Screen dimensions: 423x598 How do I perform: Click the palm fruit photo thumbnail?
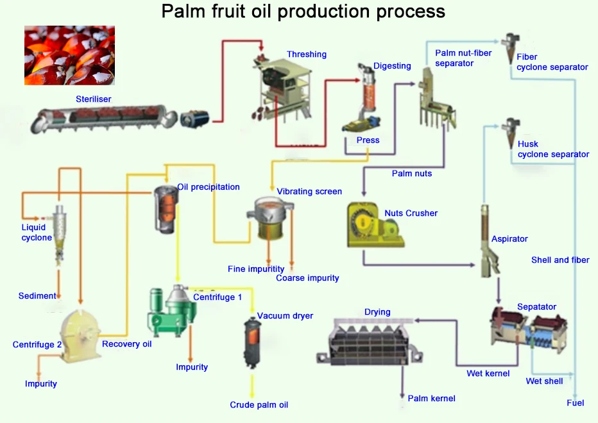click(69, 55)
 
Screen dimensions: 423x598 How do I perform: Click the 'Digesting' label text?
click(392, 66)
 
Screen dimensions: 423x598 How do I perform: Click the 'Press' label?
click(368, 140)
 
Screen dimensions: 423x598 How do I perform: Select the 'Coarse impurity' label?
click(307, 278)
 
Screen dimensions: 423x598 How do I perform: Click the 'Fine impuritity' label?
click(255, 269)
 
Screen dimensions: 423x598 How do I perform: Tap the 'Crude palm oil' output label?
click(259, 404)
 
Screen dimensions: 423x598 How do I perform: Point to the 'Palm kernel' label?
click(431, 398)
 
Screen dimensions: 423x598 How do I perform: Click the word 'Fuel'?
click(575, 402)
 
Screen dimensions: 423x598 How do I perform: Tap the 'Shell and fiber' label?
click(560, 260)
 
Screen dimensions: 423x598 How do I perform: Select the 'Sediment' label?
click(37, 295)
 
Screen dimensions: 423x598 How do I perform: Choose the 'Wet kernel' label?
click(488, 373)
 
